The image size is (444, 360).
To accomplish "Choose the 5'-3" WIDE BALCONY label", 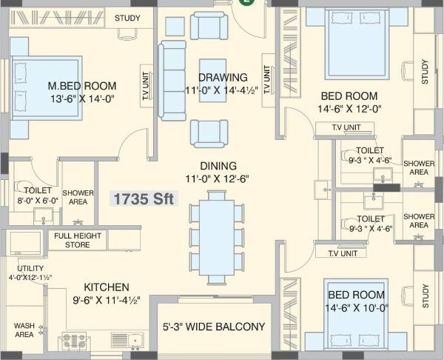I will (214, 326).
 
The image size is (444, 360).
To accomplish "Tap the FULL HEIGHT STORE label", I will (77, 240).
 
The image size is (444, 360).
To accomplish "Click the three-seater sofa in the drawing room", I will (174, 80).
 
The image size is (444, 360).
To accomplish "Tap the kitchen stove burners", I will (73, 341).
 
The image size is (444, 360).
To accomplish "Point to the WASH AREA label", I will (24, 330).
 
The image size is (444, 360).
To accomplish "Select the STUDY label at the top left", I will (127, 17).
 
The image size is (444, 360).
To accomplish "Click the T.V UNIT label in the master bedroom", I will (145, 84).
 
